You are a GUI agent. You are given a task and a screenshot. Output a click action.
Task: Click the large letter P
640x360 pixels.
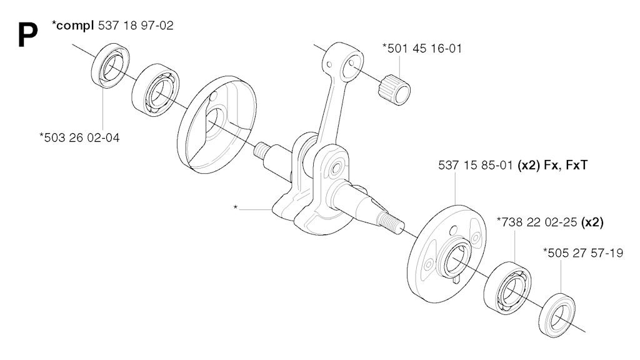[x=27, y=35]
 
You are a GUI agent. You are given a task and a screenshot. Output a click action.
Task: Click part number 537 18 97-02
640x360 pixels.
[x=136, y=26]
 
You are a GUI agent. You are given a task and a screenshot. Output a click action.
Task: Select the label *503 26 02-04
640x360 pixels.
[x=79, y=137]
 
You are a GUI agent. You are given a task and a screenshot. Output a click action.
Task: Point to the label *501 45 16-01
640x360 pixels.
[x=422, y=49]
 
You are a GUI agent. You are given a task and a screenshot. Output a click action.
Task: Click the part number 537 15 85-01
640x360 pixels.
[x=476, y=165]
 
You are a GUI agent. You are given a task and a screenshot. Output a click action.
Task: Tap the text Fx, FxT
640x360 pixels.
[x=566, y=165]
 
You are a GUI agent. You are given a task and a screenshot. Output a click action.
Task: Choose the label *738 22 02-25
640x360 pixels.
[x=537, y=222]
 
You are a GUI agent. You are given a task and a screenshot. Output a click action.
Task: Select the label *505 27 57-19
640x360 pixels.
[x=583, y=253]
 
